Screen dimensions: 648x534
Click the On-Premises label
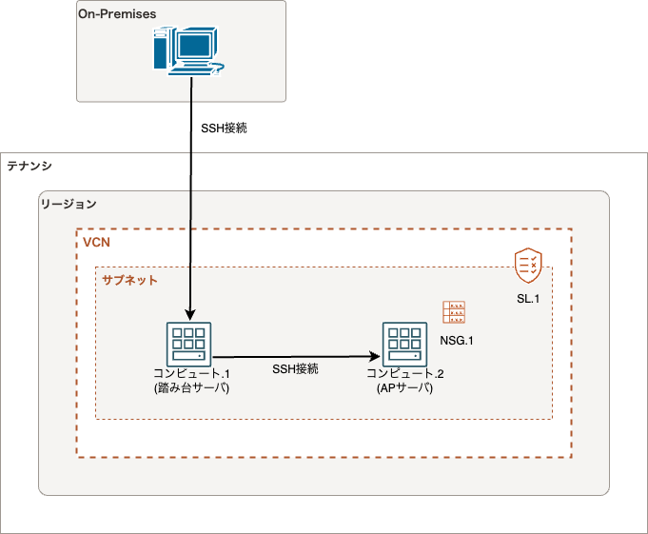pos(117,14)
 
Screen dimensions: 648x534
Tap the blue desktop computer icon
pos(188,51)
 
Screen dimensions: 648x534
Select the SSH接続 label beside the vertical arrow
pos(224,129)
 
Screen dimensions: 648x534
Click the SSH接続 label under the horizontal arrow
pos(295,368)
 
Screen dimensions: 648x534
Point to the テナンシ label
pos(29,166)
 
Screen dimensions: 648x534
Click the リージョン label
pos(69,204)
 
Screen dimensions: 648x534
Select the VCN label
pos(96,242)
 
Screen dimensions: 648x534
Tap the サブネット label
pos(129,280)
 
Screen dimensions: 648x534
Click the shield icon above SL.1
pos(528,266)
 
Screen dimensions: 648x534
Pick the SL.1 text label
pos(528,299)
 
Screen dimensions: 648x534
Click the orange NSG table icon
pos(454,312)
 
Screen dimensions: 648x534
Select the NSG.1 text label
pos(456,341)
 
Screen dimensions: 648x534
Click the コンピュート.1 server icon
pos(188,345)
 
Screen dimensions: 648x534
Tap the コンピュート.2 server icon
pos(404,345)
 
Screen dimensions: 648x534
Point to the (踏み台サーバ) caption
pos(192,387)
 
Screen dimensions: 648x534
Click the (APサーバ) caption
pos(404,387)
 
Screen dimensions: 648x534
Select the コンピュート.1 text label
pos(192,373)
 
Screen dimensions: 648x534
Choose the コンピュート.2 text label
pos(405,373)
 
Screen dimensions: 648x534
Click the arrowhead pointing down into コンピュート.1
pos(190,315)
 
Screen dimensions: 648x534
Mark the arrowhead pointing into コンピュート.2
pos(374,356)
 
